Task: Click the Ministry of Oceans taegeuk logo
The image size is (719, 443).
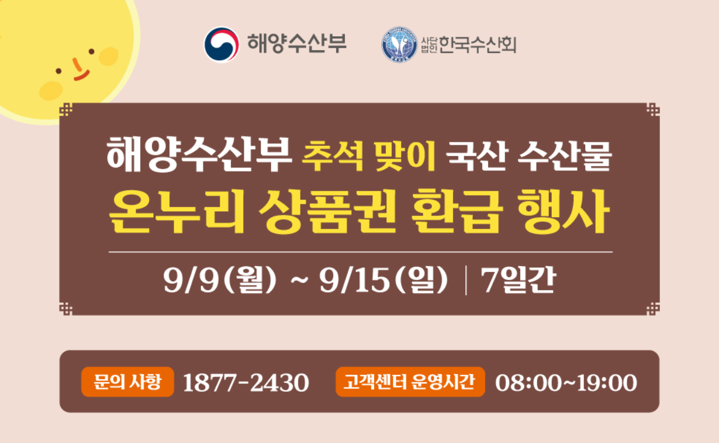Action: coord(221,44)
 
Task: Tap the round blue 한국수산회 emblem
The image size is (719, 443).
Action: coord(399,45)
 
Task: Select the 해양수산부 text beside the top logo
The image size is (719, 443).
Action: coord(296,44)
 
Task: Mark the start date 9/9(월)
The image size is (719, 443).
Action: coord(220,281)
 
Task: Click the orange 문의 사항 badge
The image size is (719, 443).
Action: coord(127,382)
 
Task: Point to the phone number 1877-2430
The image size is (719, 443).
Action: coord(246,383)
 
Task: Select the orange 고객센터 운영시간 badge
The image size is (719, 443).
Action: coord(410,382)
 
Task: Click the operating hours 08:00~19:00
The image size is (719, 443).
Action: coord(566,383)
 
